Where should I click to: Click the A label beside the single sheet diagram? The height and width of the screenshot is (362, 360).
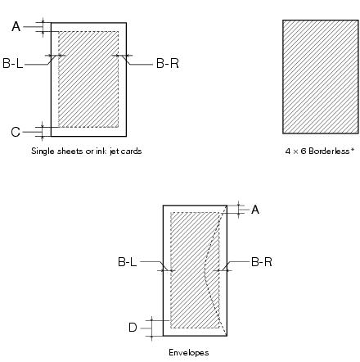(16, 26)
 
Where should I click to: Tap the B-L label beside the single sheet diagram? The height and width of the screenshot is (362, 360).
(13, 63)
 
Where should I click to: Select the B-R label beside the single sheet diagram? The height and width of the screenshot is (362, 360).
(168, 63)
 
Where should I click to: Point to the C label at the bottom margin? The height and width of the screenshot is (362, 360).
(16, 132)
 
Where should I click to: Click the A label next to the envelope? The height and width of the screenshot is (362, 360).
(255, 210)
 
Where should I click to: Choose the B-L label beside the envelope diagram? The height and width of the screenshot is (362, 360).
(127, 262)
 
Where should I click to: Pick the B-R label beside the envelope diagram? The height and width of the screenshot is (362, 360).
(262, 262)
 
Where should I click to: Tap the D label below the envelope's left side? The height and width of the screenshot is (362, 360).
(133, 328)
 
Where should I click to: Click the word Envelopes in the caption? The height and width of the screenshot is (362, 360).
(189, 352)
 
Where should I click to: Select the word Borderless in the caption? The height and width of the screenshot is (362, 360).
(330, 151)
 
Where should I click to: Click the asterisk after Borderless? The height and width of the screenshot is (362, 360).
(353, 149)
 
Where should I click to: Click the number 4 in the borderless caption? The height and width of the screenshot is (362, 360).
(288, 151)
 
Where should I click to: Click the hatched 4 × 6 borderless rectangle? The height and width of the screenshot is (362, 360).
(321, 77)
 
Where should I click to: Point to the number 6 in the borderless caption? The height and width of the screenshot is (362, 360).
(304, 151)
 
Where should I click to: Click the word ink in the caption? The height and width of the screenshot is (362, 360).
(101, 151)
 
